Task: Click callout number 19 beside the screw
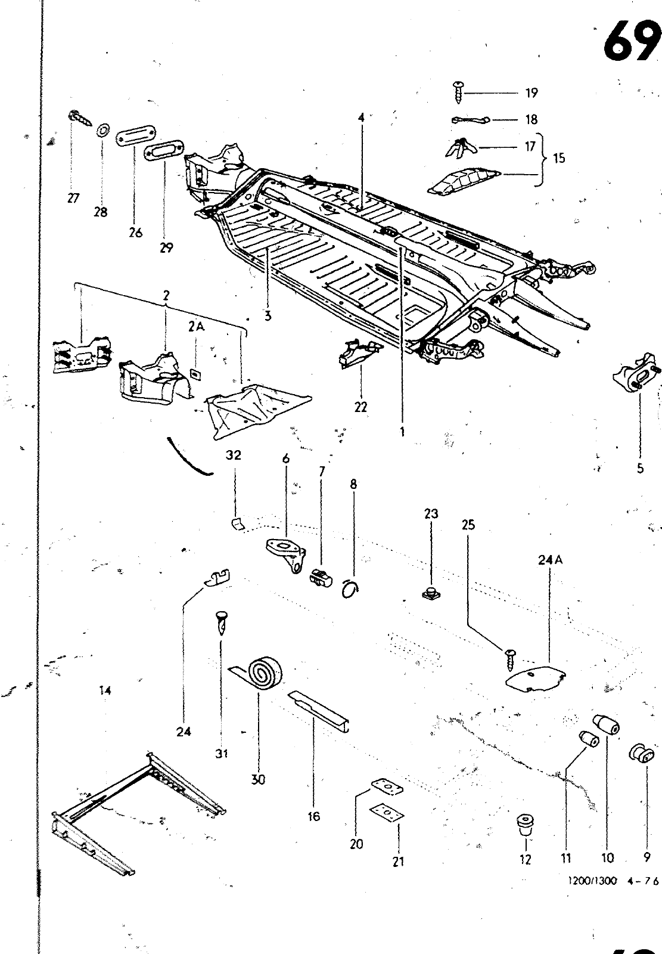point(532,93)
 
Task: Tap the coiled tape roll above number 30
point(262,673)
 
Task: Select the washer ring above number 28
point(103,129)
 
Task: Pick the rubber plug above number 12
point(525,825)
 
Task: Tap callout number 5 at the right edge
point(640,468)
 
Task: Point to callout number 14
point(105,691)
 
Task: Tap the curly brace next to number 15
point(541,159)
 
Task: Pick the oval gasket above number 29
point(160,151)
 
